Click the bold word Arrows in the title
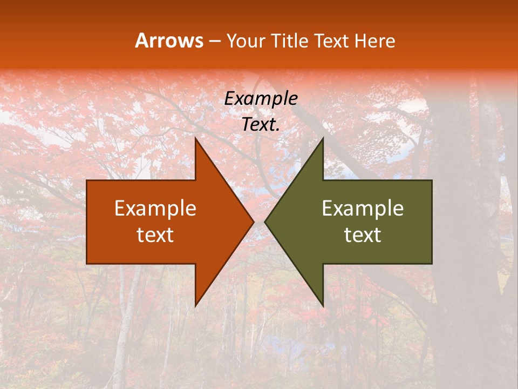pos(169,41)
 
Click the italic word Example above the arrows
pos(261,98)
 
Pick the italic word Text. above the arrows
pos(261,124)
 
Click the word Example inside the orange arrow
pos(155,209)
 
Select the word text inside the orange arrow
pos(155,234)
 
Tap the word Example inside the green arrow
pos(363,209)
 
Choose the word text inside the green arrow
pos(363,234)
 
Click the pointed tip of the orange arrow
pos(253,222)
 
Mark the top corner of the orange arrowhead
pos(195,139)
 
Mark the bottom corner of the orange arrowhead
pos(195,305)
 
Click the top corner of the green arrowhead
pos(323,139)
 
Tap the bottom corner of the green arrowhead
pos(323,305)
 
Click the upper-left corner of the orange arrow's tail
pos(87,181)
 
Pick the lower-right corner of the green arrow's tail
pos(431,263)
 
